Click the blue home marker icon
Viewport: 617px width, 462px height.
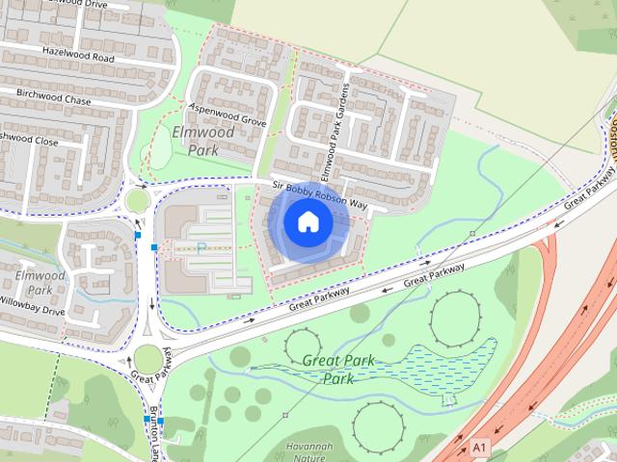tap(307, 221)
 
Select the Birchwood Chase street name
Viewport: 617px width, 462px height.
tap(52, 99)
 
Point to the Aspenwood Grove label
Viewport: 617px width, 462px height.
tap(228, 115)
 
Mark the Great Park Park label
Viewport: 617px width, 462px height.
tap(339, 370)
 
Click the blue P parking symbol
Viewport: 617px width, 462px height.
tap(201, 247)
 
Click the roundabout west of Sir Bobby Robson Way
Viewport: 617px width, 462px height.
tap(137, 201)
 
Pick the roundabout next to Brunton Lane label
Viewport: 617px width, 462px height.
tap(148, 359)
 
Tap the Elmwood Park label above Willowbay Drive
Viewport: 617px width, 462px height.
tap(40, 282)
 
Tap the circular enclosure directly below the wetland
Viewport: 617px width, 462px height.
tap(377, 424)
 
